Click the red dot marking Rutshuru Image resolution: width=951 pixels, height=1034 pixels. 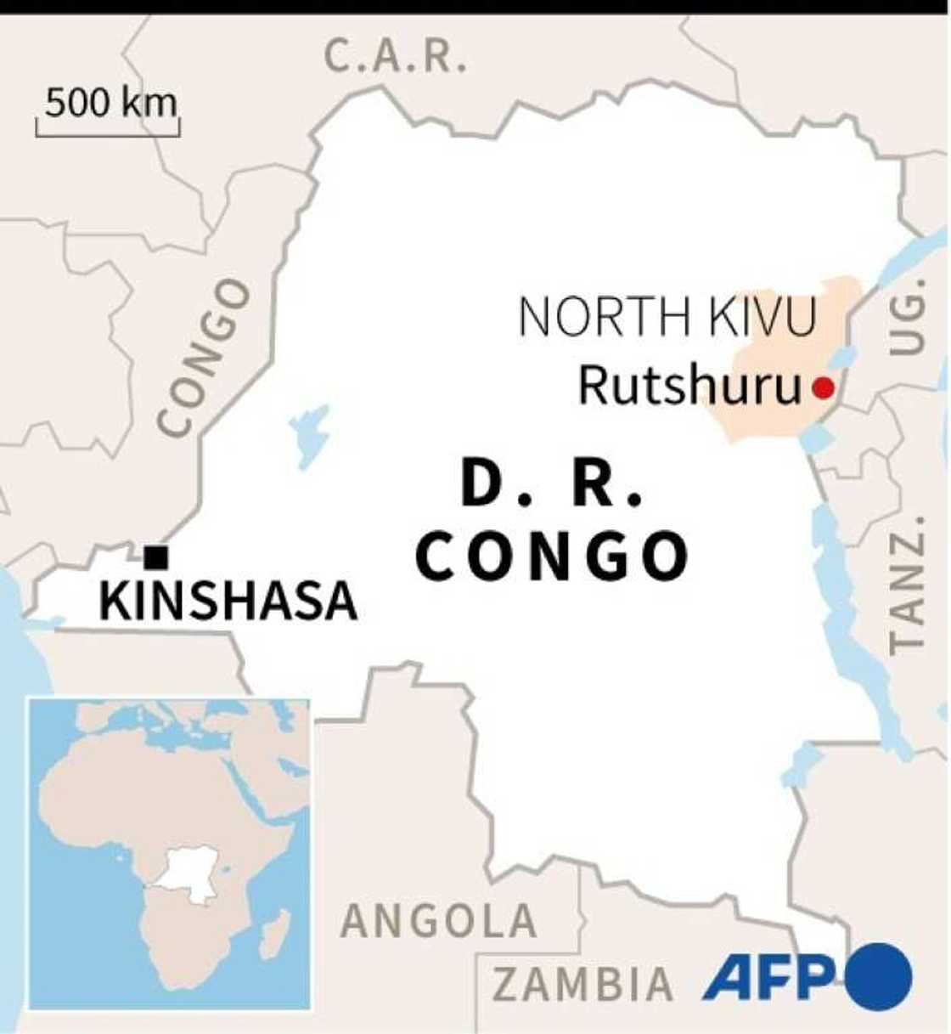(822, 388)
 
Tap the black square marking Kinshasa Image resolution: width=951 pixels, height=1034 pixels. (156, 557)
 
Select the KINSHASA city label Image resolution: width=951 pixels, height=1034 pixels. (228, 602)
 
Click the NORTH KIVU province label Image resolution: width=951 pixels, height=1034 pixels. (667, 317)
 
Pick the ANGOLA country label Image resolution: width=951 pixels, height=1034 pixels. (439, 922)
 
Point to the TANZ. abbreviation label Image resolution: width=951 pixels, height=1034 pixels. (906, 583)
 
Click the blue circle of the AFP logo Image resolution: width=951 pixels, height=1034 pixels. (877, 976)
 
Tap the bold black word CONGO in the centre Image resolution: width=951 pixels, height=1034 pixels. (552, 557)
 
